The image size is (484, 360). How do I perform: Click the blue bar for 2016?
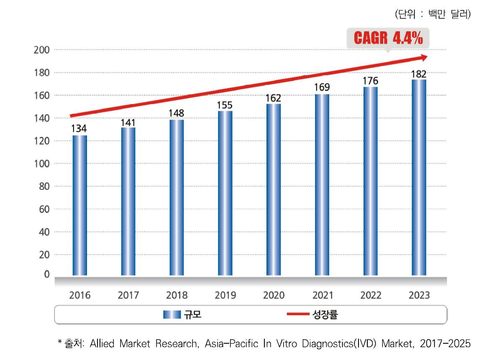(80, 205)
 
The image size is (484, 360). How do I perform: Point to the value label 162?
(274, 98)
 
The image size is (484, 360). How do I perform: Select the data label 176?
(371, 81)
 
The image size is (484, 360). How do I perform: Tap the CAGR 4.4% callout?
(388, 39)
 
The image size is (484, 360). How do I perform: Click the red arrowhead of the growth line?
(423, 57)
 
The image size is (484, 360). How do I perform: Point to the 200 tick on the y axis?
(42, 50)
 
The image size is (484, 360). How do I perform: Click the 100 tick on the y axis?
(42, 164)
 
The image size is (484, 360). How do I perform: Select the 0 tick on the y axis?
(46, 274)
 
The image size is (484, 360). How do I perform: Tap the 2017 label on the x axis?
(128, 296)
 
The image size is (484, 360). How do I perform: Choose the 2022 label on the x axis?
(371, 296)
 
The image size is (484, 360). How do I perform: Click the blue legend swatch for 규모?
(172, 315)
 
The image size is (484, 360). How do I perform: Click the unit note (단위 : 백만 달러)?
(433, 15)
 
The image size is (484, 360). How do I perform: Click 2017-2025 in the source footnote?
(445, 344)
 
